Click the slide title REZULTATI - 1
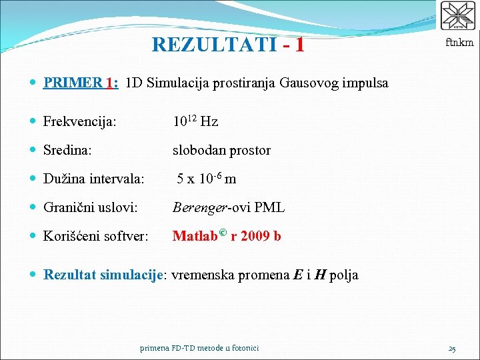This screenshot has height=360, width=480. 228,45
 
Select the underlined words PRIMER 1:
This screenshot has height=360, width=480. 81,83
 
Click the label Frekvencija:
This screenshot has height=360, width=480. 80,122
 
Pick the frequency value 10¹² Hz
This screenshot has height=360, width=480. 195,121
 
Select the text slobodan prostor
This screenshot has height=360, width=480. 221,151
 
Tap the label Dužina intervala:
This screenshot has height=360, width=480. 93,179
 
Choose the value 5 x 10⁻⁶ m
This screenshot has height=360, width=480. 207,179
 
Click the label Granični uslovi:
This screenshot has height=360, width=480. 91,208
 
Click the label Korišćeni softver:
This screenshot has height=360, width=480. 96,236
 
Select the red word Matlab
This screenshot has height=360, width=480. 196,235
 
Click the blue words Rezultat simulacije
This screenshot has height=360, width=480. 103,275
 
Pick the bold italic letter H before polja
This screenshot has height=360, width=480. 320,275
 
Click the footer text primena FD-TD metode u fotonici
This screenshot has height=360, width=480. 200,348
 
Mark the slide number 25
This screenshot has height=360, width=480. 452,348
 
